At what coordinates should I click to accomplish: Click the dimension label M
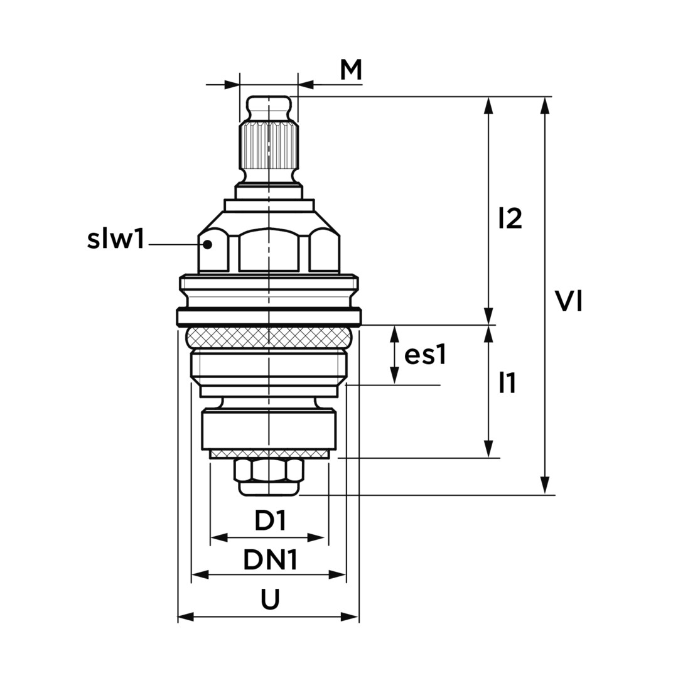click(x=351, y=70)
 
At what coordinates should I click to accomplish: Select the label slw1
click(x=115, y=239)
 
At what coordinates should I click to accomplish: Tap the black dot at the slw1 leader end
click(x=208, y=244)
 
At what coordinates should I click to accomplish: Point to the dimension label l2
click(x=510, y=218)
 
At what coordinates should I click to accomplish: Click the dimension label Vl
click(x=569, y=301)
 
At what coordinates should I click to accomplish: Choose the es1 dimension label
click(x=424, y=356)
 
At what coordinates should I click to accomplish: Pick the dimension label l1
click(x=507, y=383)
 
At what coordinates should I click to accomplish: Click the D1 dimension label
click(x=270, y=521)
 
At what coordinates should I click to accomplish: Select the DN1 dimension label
click(x=270, y=560)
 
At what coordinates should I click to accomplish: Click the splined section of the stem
click(x=269, y=146)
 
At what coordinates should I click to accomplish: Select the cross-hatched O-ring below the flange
click(x=269, y=337)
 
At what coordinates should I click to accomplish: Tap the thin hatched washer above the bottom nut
click(x=269, y=454)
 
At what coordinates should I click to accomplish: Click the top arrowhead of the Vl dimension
click(x=546, y=105)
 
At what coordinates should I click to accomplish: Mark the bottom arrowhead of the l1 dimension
click(x=488, y=448)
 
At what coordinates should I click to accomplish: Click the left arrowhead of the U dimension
click(x=187, y=616)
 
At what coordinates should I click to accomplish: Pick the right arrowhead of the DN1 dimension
click(x=337, y=574)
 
